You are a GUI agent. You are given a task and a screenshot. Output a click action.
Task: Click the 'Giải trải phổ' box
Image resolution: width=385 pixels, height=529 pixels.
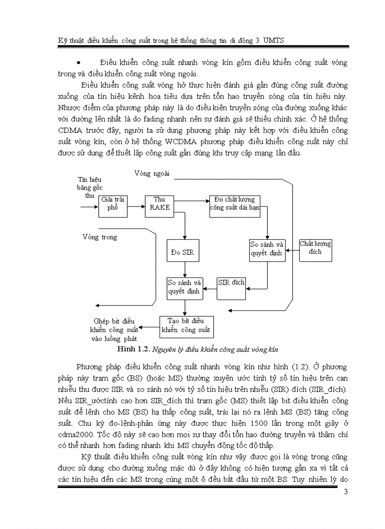click(113, 206)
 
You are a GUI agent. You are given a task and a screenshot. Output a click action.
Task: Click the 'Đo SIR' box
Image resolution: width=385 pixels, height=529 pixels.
click(182, 253)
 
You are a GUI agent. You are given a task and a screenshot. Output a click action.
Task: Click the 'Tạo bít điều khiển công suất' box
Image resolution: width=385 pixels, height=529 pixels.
click(186, 326)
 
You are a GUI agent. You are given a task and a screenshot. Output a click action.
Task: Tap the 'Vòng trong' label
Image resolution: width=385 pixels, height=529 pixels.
click(100, 237)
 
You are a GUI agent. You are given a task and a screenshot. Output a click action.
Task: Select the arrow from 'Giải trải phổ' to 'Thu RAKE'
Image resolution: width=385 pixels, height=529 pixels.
click(136, 206)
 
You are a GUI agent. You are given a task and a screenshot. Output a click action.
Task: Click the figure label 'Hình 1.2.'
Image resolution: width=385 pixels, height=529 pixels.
click(134, 350)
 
